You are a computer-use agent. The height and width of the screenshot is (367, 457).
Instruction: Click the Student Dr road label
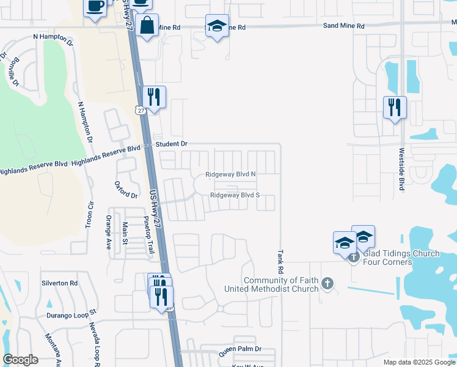pyautogui.click(x=171, y=144)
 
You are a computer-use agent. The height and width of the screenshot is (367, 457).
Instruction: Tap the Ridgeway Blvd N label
pyautogui.click(x=230, y=174)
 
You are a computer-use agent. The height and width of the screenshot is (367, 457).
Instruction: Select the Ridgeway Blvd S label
pyautogui.click(x=235, y=196)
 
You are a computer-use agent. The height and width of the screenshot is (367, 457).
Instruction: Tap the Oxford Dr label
pyautogui.click(x=126, y=190)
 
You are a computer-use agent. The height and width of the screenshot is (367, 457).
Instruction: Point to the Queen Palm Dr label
pyautogui.click(x=240, y=349)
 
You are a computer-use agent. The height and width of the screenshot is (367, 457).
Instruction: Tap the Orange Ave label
pyautogui.click(x=108, y=232)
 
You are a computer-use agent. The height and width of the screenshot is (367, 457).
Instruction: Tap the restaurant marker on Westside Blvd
pyautogui.click(x=395, y=108)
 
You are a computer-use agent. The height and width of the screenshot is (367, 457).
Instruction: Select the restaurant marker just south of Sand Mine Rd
pyautogui.click(x=154, y=97)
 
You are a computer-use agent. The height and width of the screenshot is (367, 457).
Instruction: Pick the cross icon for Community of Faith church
pyautogui.click(x=328, y=283)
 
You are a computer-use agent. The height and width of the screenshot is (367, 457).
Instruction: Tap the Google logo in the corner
pyautogui.click(x=20, y=360)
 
